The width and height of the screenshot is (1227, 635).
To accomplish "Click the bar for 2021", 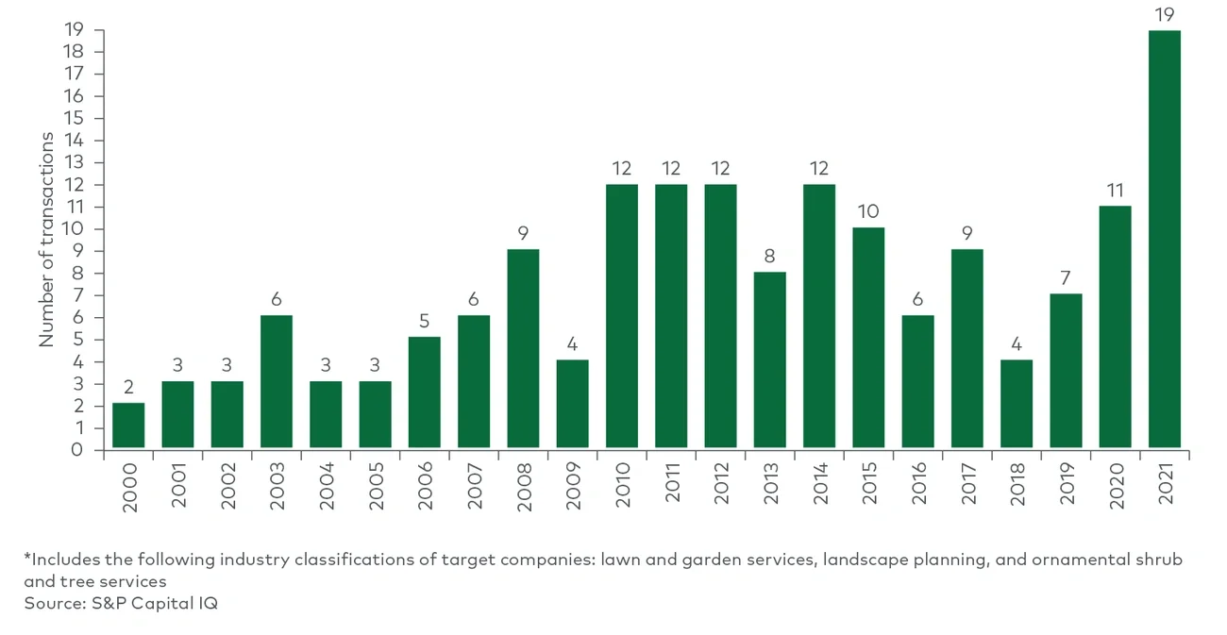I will (1164, 240).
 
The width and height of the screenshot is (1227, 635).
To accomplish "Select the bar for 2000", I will (128, 426).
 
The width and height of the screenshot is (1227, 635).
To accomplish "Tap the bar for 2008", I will (523, 348).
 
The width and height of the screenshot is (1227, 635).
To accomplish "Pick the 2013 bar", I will (769, 359).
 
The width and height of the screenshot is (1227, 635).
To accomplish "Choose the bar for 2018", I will (1017, 403).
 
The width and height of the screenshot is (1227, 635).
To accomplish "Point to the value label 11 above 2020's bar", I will (1115, 190).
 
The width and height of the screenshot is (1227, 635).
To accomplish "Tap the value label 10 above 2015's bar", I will (868, 211).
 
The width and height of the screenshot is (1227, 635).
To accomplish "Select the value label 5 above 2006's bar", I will (425, 322).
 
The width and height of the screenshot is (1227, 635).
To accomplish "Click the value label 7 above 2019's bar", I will (1066, 277).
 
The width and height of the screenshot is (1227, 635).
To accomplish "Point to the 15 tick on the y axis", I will (74, 118).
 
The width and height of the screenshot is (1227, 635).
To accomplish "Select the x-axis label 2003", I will (277, 487).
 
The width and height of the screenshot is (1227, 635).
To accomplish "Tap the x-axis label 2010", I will (623, 487).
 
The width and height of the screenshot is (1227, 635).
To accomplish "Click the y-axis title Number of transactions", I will (46, 240).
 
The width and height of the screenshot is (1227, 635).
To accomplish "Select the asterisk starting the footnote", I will (27, 558).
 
